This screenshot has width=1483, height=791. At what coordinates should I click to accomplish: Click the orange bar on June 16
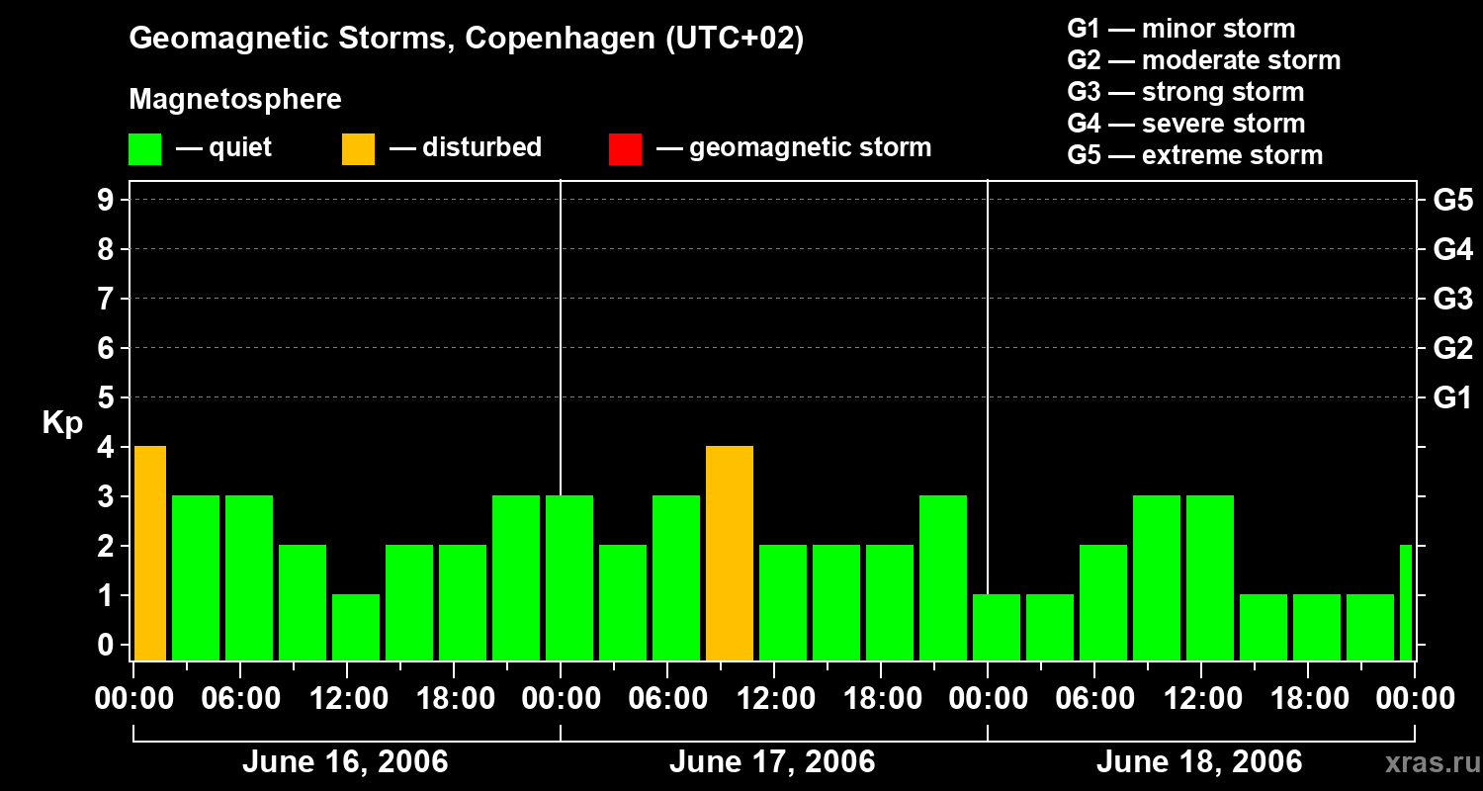tap(149, 554)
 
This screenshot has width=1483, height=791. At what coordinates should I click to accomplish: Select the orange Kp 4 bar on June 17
tap(730, 554)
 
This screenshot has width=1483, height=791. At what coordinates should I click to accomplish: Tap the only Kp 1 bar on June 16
tap(356, 627)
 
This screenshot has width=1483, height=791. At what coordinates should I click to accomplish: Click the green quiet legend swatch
tap(145, 149)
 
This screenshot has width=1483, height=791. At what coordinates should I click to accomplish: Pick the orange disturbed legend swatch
tap(359, 149)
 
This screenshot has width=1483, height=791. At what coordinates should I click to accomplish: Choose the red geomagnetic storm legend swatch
tap(626, 149)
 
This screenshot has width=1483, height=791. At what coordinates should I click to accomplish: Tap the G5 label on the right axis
tap(1452, 201)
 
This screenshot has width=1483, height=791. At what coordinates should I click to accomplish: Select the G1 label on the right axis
tap(1452, 398)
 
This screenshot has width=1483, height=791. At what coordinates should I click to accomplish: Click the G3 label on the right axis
tap(1452, 300)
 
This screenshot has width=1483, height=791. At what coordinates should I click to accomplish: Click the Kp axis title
tap(62, 423)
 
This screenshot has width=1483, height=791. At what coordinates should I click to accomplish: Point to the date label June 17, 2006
tap(772, 762)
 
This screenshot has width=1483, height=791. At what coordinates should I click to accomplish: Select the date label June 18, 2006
tap(1199, 762)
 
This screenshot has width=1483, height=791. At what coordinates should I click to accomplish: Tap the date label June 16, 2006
tap(345, 762)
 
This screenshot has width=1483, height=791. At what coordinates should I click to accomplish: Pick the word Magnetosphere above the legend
tap(235, 100)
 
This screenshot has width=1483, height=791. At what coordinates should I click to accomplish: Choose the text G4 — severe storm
tap(1186, 124)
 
